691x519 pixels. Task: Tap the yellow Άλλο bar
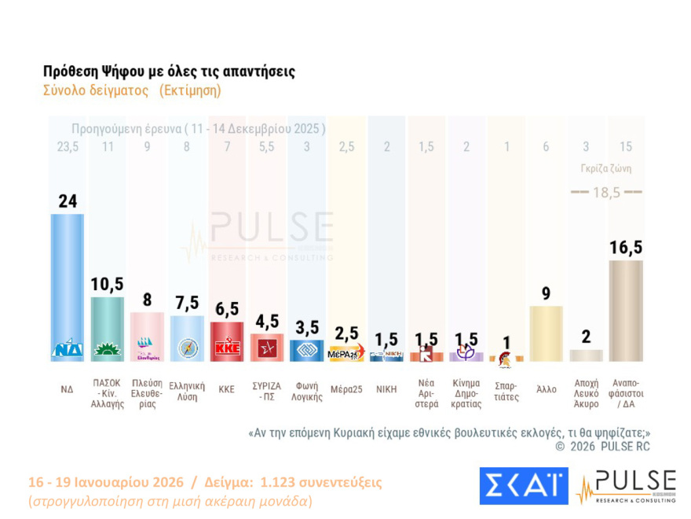click(x=547, y=333)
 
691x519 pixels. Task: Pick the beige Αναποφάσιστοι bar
click(x=627, y=311)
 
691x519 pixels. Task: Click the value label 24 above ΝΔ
click(x=67, y=201)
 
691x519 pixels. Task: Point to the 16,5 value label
click(x=627, y=248)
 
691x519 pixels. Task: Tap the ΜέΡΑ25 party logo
click(x=346, y=353)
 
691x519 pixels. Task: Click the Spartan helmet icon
click(x=506, y=356)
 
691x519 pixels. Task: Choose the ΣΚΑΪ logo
click(x=523, y=486)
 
